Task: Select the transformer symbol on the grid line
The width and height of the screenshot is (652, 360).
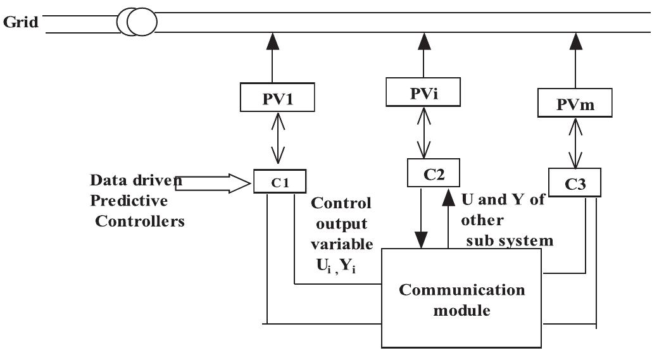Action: [x=137, y=23]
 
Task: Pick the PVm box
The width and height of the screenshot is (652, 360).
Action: [x=575, y=102]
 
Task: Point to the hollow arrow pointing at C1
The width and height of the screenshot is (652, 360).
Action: [x=212, y=183]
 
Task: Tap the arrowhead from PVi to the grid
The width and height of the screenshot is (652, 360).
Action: [x=423, y=40]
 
